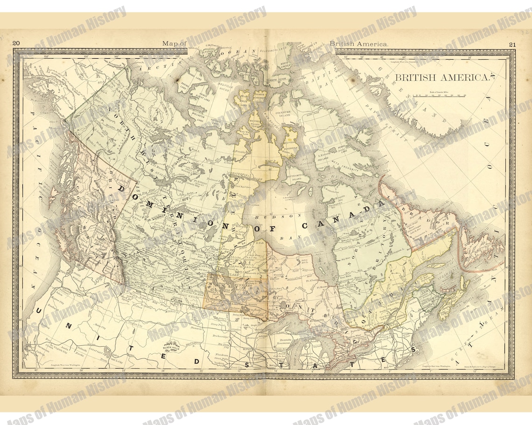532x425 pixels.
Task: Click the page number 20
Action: [x=16, y=44]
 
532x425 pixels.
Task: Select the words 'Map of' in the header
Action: [x=175, y=44]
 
